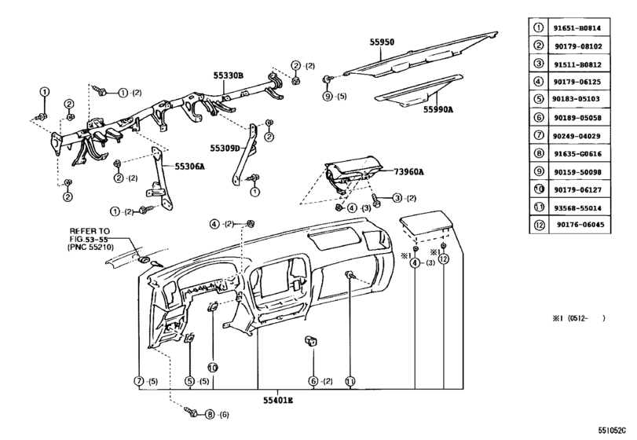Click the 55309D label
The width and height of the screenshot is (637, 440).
point(224,147)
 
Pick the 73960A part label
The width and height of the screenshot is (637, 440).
point(409,171)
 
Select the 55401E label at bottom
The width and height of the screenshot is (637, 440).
point(257,401)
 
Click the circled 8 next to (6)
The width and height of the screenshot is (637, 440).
point(210,413)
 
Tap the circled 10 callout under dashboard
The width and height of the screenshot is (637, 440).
point(211,367)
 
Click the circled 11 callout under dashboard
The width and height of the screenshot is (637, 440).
point(350,381)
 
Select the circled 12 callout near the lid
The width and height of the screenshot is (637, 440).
point(444,259)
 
